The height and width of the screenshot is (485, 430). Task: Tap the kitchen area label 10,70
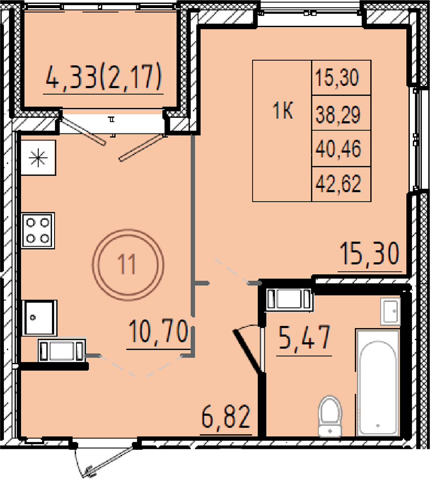click(158, 331)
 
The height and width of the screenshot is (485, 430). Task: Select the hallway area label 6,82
click(226, 417)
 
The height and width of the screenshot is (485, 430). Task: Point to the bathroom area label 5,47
click(304, 337)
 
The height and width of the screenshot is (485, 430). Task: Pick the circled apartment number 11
click(128, 265)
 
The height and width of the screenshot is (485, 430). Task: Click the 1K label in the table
click(283, 111)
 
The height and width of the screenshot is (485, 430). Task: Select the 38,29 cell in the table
click(338, 114)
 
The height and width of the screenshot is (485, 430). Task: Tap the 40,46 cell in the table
click(338, 149)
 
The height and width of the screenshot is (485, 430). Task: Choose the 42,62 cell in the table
click(338, 184)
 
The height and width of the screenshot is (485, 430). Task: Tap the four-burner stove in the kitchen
click(38, 230)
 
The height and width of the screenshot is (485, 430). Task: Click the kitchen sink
click(40, 318)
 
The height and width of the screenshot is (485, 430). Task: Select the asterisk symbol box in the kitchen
click(38, 158)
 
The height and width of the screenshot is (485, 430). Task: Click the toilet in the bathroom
click(331, 416)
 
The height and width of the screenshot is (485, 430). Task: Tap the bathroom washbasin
click(390, 311)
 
